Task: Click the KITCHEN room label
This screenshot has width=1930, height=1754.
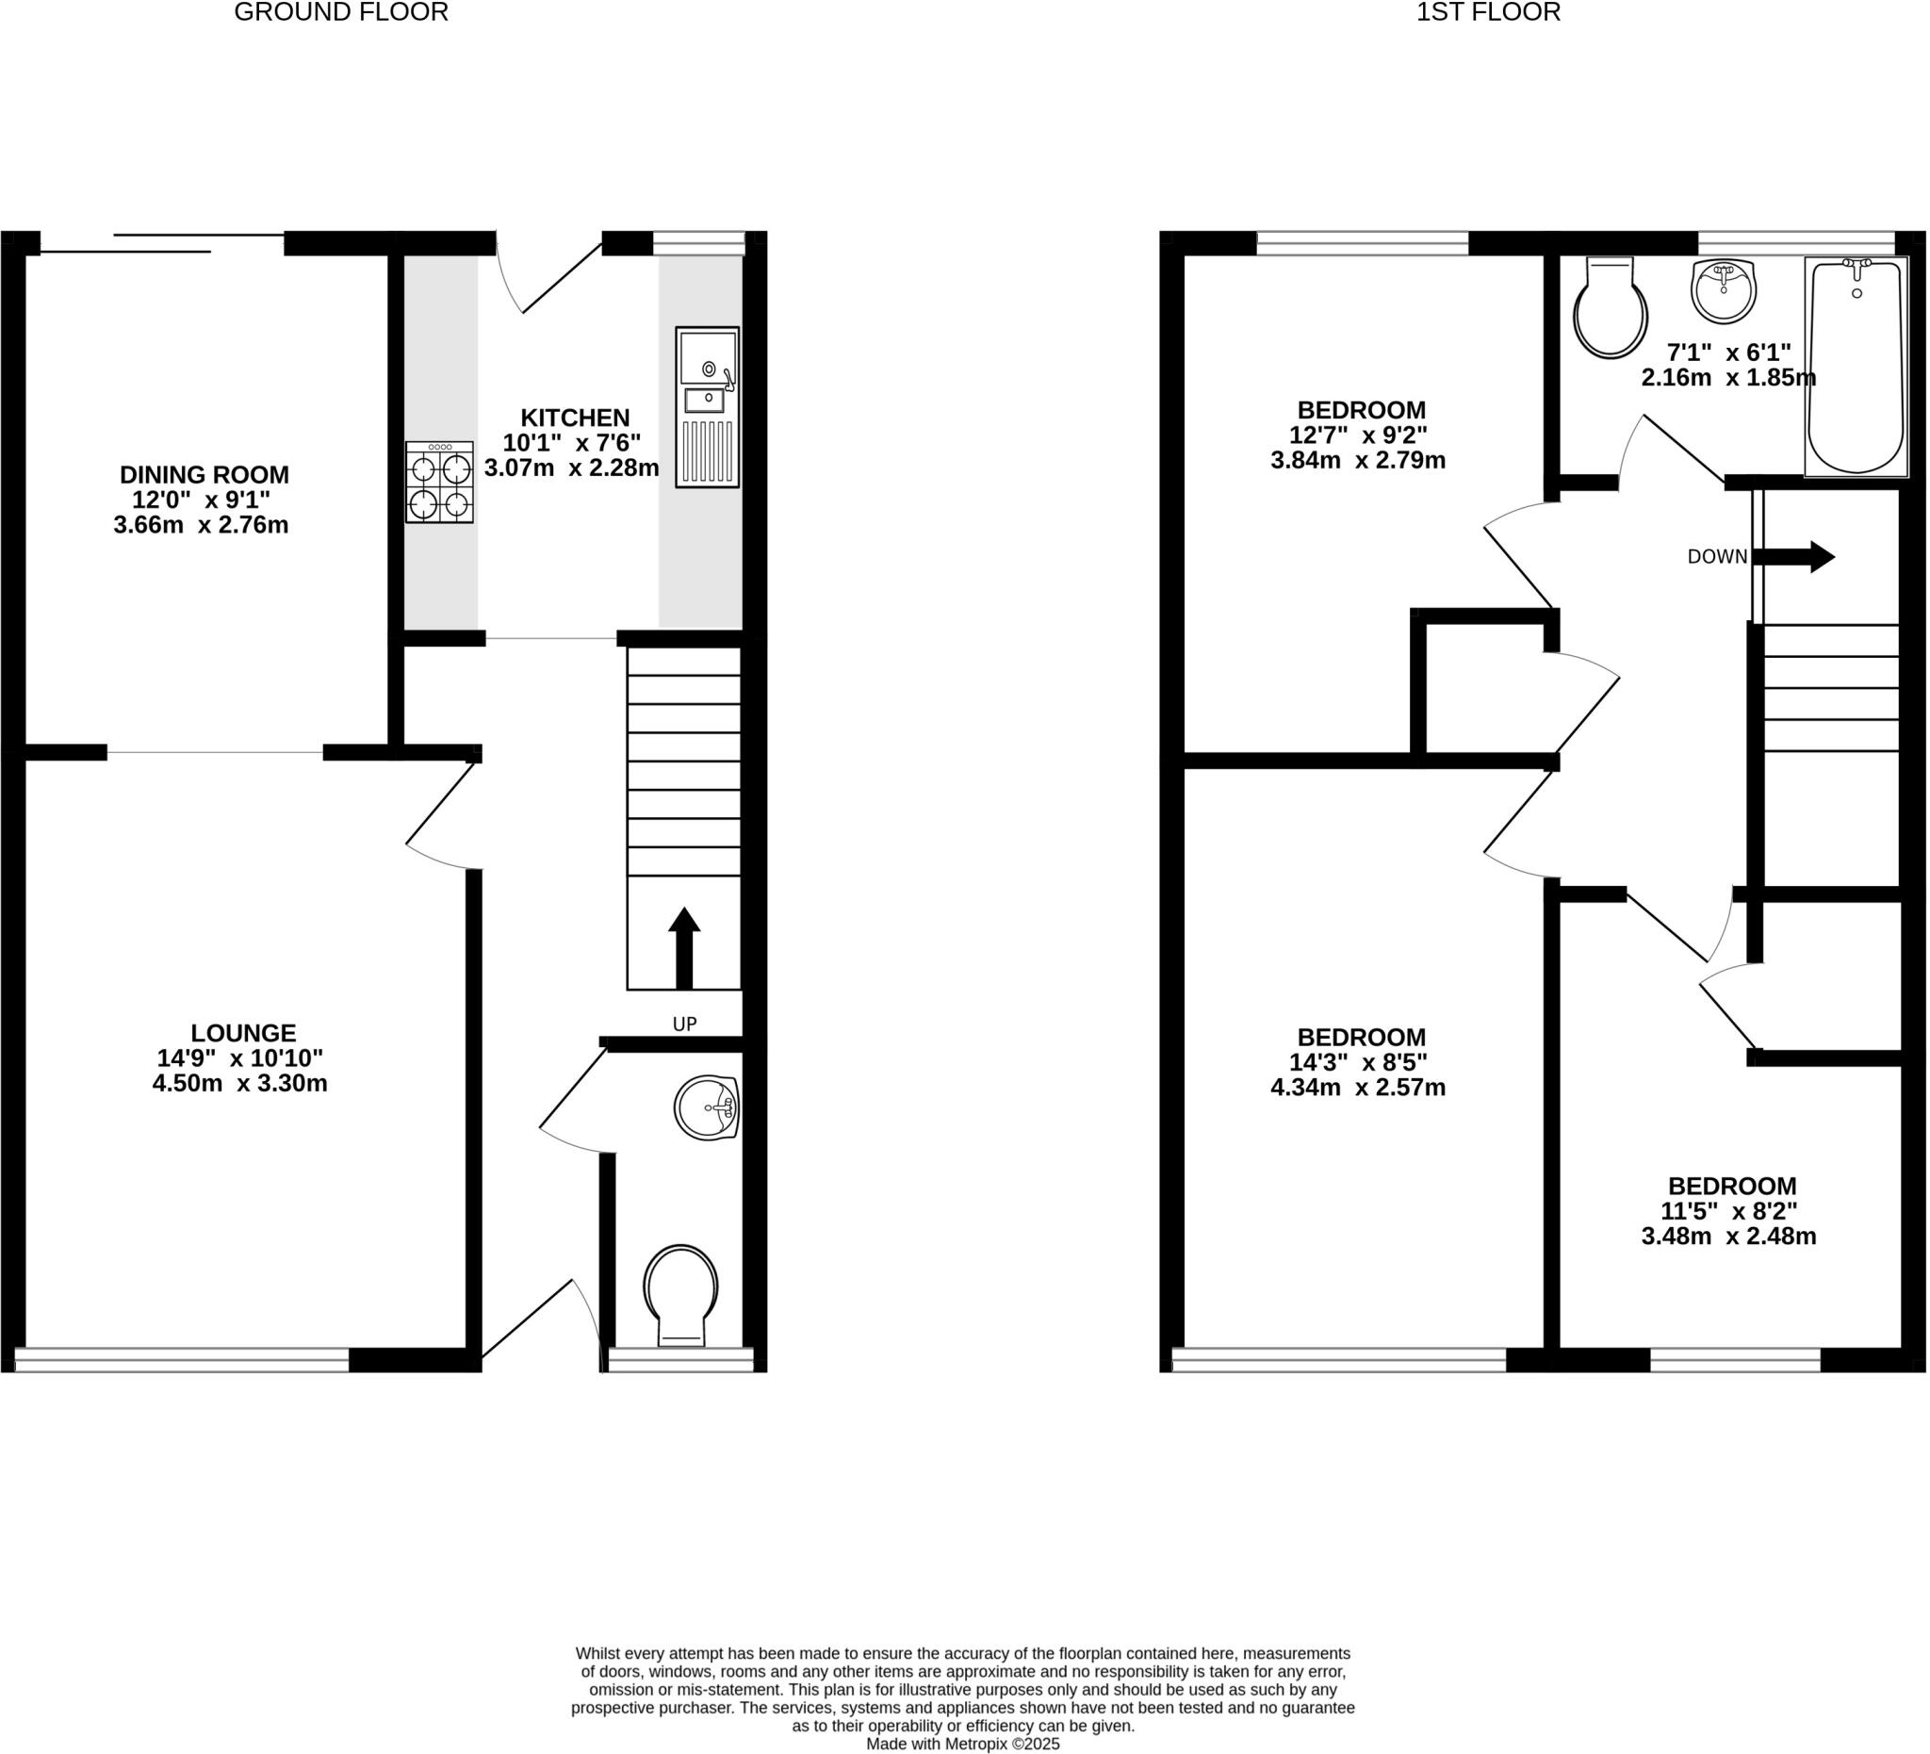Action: point(575,418)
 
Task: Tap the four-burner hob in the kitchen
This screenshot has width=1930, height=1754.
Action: point(439,482)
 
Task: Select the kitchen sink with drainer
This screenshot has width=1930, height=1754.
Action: point(708,407)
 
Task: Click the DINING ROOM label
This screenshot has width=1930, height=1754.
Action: point(204,474)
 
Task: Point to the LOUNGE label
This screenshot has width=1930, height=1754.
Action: point(243,1033)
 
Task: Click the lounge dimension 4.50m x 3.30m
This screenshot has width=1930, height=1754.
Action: point(239,1084)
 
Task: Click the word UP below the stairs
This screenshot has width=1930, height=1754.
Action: point(684,1024)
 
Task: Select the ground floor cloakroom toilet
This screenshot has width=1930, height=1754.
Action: point(680,1292)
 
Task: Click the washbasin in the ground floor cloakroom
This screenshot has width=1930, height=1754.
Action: point(707,1107)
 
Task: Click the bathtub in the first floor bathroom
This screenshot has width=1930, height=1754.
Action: point(1856,367)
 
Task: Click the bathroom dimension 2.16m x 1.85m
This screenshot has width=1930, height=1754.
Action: point(1728,377)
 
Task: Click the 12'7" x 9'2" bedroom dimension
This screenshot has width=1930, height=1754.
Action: point(1358,434)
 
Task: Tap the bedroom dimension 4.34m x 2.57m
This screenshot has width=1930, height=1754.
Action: point(1358,1088)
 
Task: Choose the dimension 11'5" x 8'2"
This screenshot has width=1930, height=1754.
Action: point(1729,1210)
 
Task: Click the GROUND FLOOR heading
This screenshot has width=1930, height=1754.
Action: point(341,12)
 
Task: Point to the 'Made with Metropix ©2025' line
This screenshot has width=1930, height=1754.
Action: point(962,1744)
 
